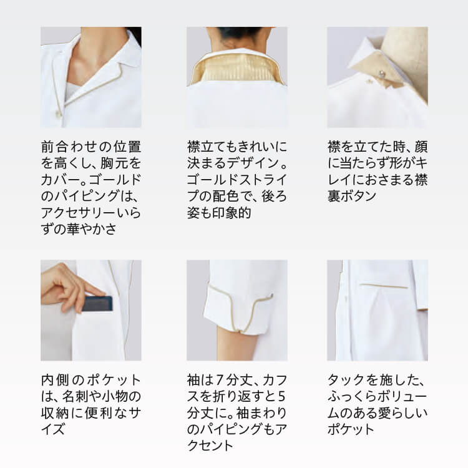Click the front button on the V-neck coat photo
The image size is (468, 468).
[x=58, y=114]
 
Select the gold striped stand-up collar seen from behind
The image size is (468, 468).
[x=237, y=68]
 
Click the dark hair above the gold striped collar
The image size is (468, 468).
[x=236, y=34]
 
